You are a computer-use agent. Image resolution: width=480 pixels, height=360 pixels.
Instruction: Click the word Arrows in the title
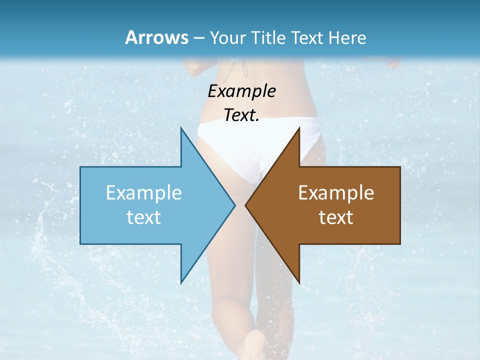tap(156, 38)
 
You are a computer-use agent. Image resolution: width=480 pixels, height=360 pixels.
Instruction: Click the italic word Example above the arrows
tap(242, 91)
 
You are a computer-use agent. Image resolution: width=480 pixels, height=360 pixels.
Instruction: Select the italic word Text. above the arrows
tap(241, 115)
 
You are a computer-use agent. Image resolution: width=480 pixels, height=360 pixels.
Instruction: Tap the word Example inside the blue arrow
tap(144, 193)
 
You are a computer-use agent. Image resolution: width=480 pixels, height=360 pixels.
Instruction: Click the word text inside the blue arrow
tap(144, 217)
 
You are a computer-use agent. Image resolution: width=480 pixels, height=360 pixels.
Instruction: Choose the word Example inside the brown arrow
tap(336, 193)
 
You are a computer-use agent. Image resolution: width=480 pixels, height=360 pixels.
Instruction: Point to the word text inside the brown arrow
tap(336, 217)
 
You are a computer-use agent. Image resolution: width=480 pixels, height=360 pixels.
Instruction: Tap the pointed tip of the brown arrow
tap(246, 205)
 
